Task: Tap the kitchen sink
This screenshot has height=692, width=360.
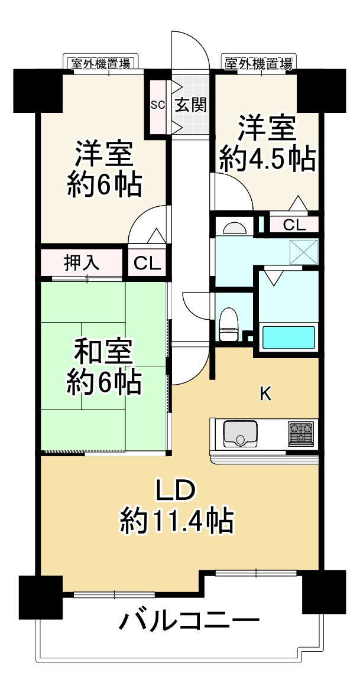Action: click(239, 434)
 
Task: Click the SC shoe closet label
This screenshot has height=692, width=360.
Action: click(157, 105)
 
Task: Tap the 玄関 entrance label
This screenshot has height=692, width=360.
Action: click(190, 105)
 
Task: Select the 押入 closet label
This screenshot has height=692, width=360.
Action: click(81, 262)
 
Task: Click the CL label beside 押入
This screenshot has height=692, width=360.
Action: click(147, 264)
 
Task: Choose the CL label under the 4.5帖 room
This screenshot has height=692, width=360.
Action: click(294, 225)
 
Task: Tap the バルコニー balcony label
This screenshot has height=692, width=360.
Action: click(190, 621)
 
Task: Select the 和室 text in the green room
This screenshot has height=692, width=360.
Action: click(104, 352)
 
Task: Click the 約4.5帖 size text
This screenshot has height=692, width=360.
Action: click(266, 158)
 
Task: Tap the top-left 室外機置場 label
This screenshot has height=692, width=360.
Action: click(100, 63)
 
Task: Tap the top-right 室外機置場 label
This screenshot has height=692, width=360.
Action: click(257, 63)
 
